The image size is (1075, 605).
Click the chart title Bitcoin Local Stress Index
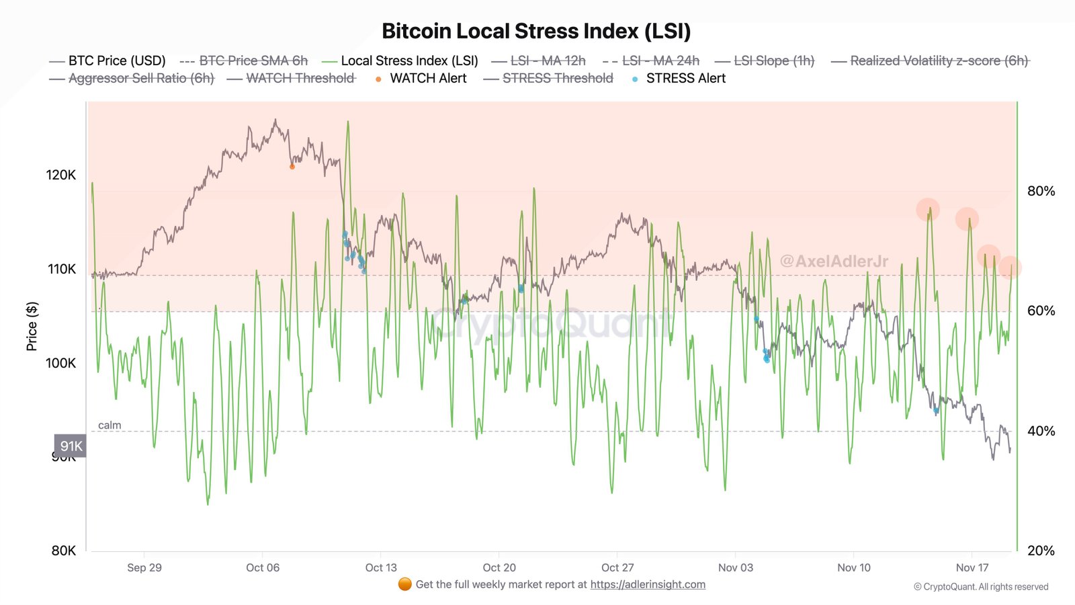click(x=536, y=32)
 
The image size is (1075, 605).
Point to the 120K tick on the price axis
click(x=61, y=175)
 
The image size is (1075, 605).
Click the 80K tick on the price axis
click(x=64, y=551)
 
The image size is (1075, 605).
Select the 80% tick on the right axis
click(x=1041, y=191)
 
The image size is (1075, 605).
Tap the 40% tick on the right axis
click(x=1041, y=431)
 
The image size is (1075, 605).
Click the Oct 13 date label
click(x=381, y=567)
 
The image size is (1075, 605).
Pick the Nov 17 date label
click(x=972, y=567)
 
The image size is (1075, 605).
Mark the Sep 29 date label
click(x=144, y=567)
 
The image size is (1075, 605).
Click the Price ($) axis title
click(x=32, y=326)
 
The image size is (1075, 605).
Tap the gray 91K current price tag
click(x=71, y=446)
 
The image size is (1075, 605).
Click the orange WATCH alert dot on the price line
click(x=292, y=167)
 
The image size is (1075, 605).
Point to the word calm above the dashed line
click(x=110, y=425)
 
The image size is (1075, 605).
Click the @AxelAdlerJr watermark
click(x=834, y=261)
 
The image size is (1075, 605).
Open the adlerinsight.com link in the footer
click(x=648, y=584)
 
